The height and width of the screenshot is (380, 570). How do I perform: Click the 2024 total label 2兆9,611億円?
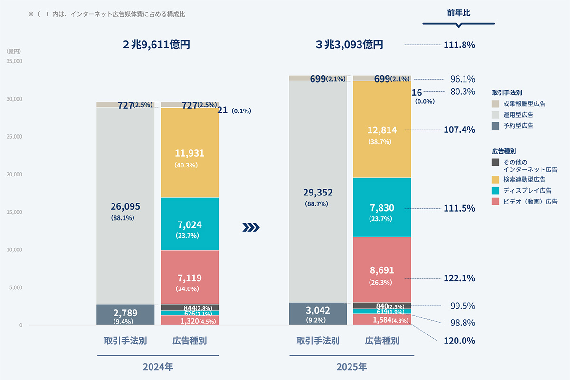click(156, 45)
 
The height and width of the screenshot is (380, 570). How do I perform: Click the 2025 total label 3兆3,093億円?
click(349, 45)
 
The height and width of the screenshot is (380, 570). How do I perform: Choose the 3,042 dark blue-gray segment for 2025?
click(318, 314)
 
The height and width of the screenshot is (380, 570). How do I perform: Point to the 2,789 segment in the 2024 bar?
click(125, 315)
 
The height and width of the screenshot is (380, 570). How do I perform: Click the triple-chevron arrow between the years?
click(251, 228)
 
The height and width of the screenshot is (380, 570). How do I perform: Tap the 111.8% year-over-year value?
click(459, 45)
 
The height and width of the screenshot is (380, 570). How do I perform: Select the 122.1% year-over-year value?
click(459, 278)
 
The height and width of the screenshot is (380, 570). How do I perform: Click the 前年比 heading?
click(458, 13)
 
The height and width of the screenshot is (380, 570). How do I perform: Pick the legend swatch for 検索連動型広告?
click(495, 179)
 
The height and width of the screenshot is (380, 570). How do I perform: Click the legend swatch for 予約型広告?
click(495, 126)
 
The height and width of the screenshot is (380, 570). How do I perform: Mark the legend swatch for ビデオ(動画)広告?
click(495, 201)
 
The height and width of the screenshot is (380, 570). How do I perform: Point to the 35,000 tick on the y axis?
click(14, 61)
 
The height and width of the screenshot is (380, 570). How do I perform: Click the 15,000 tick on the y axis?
click(14, 212)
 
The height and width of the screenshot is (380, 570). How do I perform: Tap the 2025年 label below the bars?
click(351, 367)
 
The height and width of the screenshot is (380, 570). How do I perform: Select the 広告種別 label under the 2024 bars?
click(190, 341)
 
